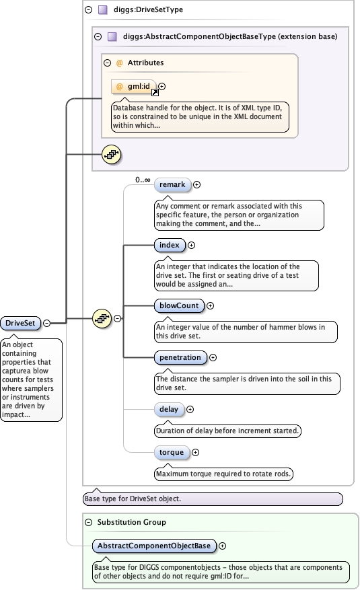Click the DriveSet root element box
20,323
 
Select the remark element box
172,184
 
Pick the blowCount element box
179,305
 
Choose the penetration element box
180,357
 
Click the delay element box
168,408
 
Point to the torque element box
172,452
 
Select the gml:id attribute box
133,86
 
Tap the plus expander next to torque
196,452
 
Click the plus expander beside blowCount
210,305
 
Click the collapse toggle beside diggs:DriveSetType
88,10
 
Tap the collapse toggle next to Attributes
107,63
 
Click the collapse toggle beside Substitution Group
88,521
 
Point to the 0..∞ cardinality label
142,180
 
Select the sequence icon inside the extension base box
110,155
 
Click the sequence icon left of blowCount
101,318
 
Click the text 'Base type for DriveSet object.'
135,499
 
